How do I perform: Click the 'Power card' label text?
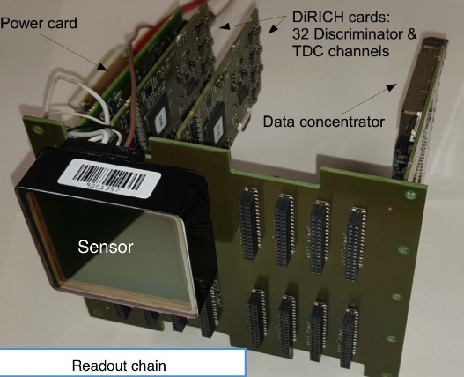39,24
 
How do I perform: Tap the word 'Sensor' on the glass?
106,247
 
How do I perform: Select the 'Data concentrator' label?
324,122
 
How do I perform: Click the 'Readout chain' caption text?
119,366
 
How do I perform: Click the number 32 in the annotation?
300,34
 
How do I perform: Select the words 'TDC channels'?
341,51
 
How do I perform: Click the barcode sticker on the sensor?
109,178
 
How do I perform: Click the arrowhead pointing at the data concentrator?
392,87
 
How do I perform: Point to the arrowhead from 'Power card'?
103,67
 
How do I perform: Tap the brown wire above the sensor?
132,89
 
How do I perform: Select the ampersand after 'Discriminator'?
411,34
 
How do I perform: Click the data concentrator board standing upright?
420,113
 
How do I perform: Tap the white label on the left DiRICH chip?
161,118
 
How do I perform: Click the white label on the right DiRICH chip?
218,126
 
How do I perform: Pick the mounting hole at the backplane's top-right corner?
411,195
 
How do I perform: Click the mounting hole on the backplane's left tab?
38,129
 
